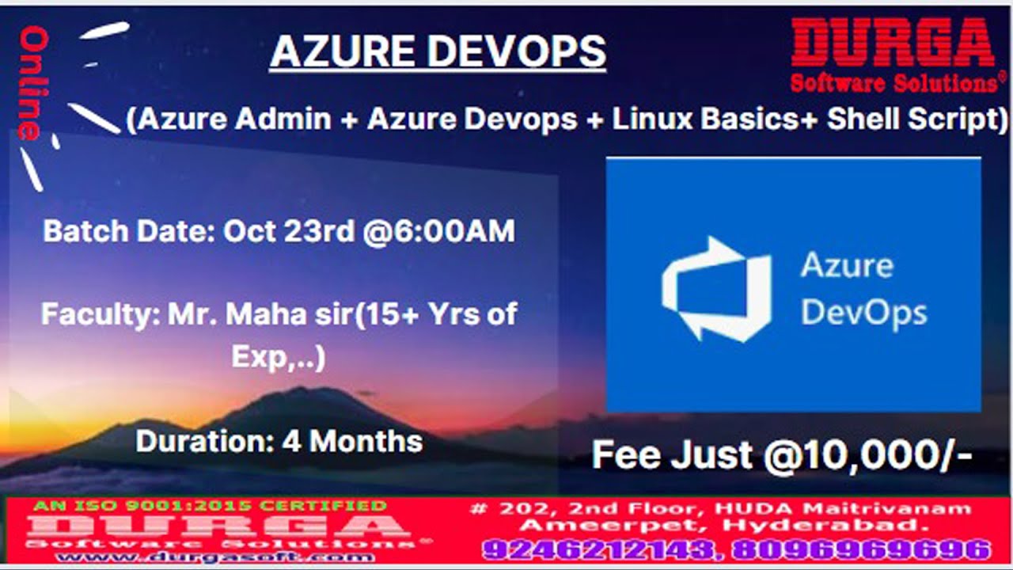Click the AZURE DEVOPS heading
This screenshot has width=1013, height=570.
[x=438, y=52]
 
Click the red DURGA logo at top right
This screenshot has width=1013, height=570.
[x=893, y=43]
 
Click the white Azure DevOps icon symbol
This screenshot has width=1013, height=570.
[x=716, y=288]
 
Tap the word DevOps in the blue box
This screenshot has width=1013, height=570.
[x=863, y=312]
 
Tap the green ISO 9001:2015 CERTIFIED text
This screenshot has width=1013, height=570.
[x=210, y=505]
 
